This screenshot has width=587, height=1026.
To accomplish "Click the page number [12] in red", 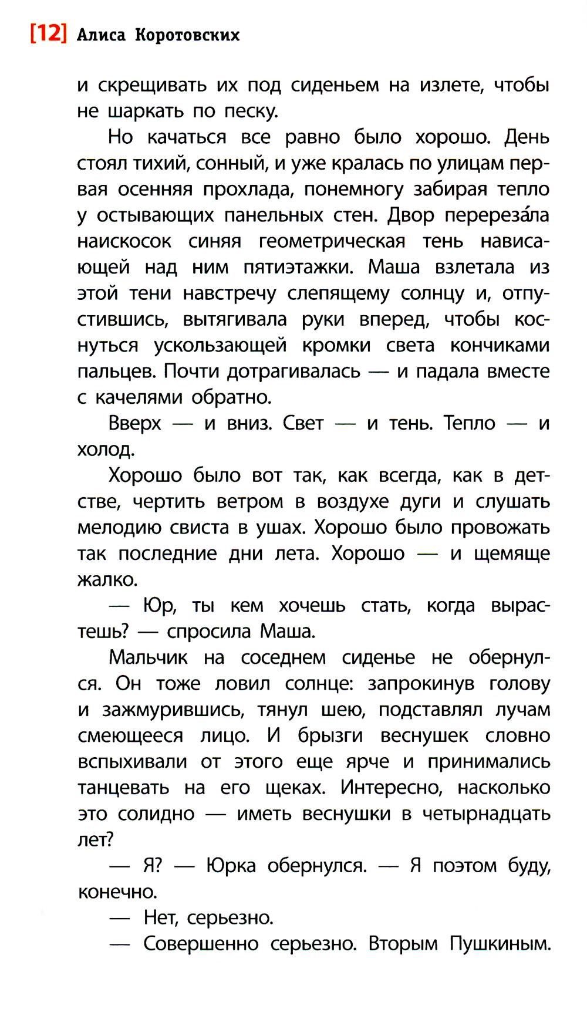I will pyautogui.click(x=48, y=33).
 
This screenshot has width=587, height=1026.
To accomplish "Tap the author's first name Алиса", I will pyautogui.click(x=101, y=35).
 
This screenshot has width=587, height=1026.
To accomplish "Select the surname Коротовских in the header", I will pyautogui.click(x=187, y=35).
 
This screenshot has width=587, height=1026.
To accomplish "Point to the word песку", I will pyautogui.click(x=252, y=111).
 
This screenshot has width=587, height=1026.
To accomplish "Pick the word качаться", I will pyautogui.click(x=187, y=137).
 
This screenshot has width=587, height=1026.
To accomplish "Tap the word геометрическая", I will pyautogui.click(x=332, y=241).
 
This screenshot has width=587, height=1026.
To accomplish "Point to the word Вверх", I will pyautogui.click(x=134, y=423).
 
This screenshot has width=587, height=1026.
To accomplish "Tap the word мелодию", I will pyautogui.click(x=119, y=527).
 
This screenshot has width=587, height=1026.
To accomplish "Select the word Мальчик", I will pyautogui.click(x=148, y=657).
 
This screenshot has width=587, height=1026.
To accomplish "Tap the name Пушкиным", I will pyautogui.click(x=500, y=944).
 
